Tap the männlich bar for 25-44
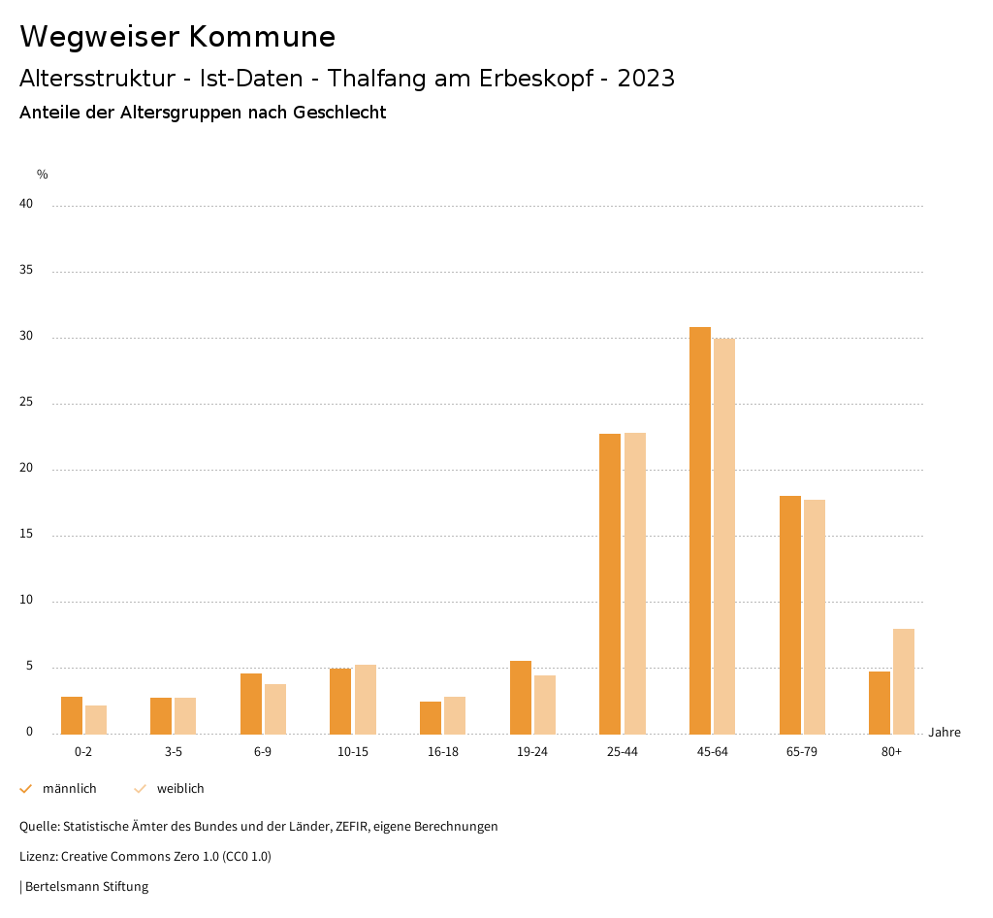pos(610,583)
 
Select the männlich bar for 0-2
pos(72,715)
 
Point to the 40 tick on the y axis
pos(26,204)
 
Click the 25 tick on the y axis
pos(26,402)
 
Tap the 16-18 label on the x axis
pos(443,752)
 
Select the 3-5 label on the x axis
pos(174,752)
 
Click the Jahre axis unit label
pos(945,733)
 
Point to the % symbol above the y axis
pos(42,175)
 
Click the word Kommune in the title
pos(262,37)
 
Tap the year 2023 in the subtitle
pos(646,79)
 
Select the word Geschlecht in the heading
pos(338,113)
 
